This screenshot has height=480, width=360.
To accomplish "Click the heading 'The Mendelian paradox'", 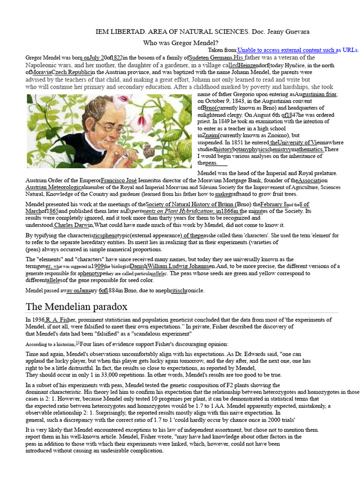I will coord(76,307).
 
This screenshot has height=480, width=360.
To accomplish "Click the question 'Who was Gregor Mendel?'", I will coord(180,43).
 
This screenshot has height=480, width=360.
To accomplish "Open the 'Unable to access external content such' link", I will coord(286,50).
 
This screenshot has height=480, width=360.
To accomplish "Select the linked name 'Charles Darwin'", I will coord(73,225).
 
